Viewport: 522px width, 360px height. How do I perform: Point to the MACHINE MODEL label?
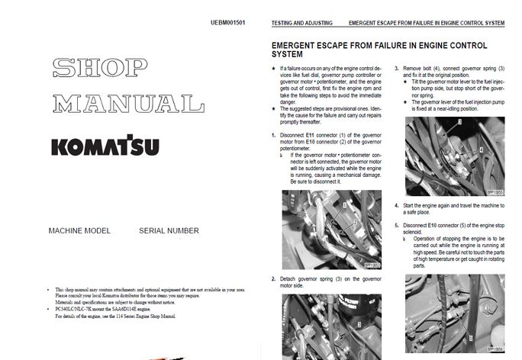pyautogui.click(x=79, y=230)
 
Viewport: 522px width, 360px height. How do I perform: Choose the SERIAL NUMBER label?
pyautogui.click(x=169, y=230)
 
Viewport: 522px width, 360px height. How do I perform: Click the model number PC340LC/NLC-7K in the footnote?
pyautogui.click(x=79, y=307)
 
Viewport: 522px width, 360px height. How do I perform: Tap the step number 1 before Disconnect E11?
pyautogui.click(x=273, y=135)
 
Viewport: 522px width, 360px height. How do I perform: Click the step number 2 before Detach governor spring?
pyautogui.click(x=273, y=278)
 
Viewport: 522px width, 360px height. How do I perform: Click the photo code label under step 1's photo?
pyautogui.click(x=372, y=265)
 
